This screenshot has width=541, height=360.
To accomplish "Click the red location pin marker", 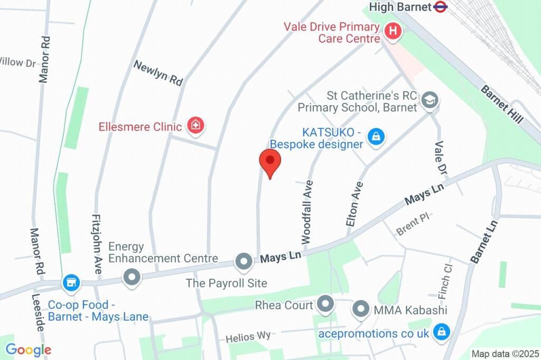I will pyautogui.click(x=270, y=162).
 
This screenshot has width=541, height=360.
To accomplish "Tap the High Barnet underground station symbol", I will pyautogui.click(x=440, y=7).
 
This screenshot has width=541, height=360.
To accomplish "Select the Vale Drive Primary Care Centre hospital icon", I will pyautogui.click(x=393, y=31).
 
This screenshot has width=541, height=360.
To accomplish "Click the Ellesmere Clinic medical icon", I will pyautogui.click(x=196, y=126).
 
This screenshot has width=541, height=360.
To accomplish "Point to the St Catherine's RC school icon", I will pyautogui.click(x=431, y=100).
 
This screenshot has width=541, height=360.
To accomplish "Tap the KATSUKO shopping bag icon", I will pyautogui.click(x=376, y=137).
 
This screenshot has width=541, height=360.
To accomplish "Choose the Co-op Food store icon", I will pyautogui.click(x=70, y=282).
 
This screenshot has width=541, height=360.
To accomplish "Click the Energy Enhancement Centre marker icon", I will pyautogui.click(x=130, y=276).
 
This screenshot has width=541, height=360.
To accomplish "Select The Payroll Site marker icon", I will pyautogui.click(x=244, y=260).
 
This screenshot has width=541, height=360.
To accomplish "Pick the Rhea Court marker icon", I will pyautogui.click(x=325, y=304).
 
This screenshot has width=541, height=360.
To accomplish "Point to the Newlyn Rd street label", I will pyautogui.click(x=158, y=73).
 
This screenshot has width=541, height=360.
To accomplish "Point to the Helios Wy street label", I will pyautogui.click(x=248, y=337).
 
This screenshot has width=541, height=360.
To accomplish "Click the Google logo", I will pyautogui.click(x=29, y=349).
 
